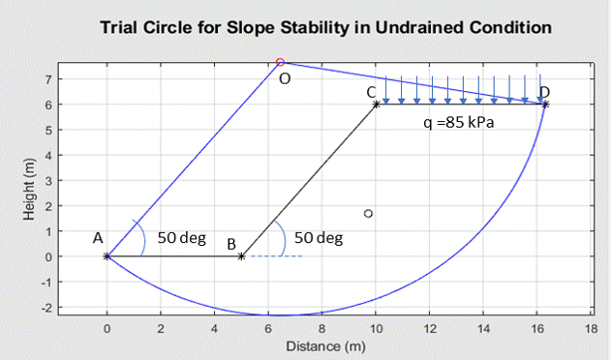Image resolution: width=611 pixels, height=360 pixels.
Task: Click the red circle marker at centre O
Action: [x=280, y=62]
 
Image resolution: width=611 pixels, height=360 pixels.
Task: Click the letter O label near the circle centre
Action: [x=284, y=79]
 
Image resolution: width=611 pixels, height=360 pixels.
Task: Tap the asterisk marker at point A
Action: [x=107, y=256]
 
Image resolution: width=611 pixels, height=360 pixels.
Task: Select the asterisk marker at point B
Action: [x=241, y=256]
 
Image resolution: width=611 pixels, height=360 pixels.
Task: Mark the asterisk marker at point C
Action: [x=376, y=104]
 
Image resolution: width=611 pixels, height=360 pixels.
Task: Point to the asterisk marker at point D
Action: [x=546, y=104]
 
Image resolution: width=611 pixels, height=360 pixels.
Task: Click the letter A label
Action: [x=98, y=237]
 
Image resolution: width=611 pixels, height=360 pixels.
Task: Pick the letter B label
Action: [x=231, y=244]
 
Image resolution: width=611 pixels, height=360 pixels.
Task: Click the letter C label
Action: [x=371, y=91]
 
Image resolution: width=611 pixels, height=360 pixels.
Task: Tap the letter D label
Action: [x=545, y=91]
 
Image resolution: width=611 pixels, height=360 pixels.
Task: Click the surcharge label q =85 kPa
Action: [x=458, y=124]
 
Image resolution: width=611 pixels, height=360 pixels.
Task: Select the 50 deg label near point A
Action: [x=181, y=237]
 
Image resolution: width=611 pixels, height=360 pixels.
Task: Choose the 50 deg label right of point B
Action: [x=318, y=237]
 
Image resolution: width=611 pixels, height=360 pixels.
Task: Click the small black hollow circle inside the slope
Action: [x=368, y=213]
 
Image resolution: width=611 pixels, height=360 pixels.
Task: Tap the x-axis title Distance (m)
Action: [x=325, y=345]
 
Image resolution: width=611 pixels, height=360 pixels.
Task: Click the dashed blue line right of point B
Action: [x=281, y=256]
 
